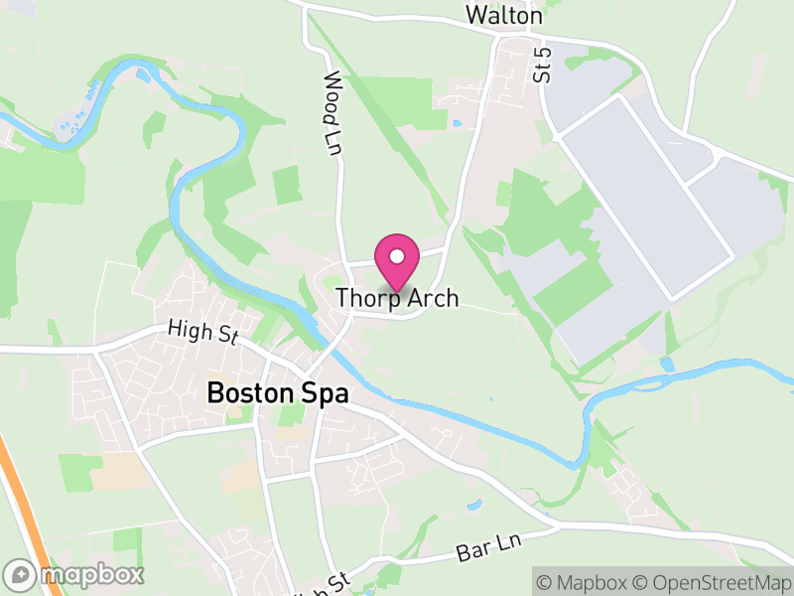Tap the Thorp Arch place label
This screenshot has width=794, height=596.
pyautogui.click(x=397, y=298)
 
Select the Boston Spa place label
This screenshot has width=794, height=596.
pyautogui.click(x=278, y=393)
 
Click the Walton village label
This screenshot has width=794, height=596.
pyautogui.click(x=505, y=16)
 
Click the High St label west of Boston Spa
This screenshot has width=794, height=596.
pyautogui.click(x=202, y=331)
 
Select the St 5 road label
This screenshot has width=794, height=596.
pyautogui.click(x=542, y=64)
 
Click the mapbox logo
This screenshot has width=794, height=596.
pyautogui.click(x=74, y=574)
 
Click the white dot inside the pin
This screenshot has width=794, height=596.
pyautogui.click(x=397, y=257)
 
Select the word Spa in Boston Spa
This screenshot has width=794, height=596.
pyautogui.click(x=327, y=393)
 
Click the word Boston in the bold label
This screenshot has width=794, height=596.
pyautogui.click(x=254, y=393)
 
